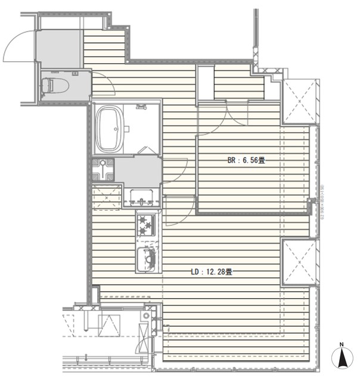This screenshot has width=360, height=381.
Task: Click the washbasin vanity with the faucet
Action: tap(142, 195)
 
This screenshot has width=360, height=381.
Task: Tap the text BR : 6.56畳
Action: tap(246, 160)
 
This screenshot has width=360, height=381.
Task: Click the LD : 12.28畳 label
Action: tap(211, 271)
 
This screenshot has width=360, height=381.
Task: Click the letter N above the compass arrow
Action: tap(342, 345)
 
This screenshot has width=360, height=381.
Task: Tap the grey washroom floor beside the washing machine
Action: tap(138, 171)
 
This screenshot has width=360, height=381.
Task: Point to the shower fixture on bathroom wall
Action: tap(142, 107)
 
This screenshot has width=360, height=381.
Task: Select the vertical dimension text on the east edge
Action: tap(322, 202)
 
